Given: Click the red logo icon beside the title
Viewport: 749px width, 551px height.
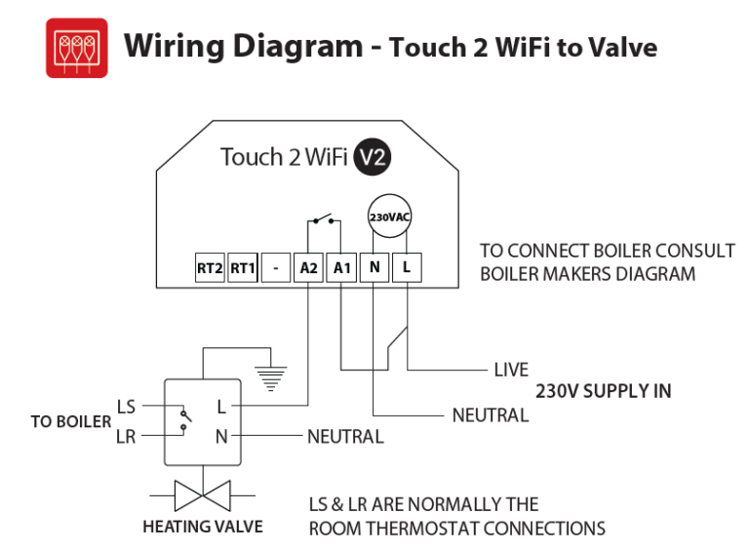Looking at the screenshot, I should [x=77, y=47].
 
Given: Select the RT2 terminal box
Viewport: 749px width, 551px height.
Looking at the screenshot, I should [x=210, y=267].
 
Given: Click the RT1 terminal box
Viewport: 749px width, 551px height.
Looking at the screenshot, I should [x=242, y=267].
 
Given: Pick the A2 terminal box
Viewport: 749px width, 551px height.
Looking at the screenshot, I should [x=309, y=267].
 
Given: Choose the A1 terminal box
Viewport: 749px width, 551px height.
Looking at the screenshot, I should [x=341, y=267].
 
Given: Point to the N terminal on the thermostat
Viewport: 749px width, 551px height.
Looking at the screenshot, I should [x=374, y=267].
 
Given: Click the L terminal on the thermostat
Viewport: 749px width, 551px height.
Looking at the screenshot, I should [x=407, y=267].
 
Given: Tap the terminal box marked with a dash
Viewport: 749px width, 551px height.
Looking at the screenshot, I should [x=276, y=267].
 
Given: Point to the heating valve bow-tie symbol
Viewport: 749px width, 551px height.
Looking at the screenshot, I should [x=203, y=494].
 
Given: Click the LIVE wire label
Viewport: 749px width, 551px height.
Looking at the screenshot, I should [x=511, y=370].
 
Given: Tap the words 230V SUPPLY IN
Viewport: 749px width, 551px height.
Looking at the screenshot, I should [x=603, y=391].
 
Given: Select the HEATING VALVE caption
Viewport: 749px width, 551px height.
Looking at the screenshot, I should [x=203, y=527].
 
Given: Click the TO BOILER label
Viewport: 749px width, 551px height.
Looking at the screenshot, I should [x=70, y=421].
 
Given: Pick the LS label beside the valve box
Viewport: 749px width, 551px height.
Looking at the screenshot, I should [x=126, y=406].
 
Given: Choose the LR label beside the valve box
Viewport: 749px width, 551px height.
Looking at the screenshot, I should [x=126, y=437].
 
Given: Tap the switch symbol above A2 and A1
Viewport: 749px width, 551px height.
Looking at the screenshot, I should [x=325, y=218].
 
